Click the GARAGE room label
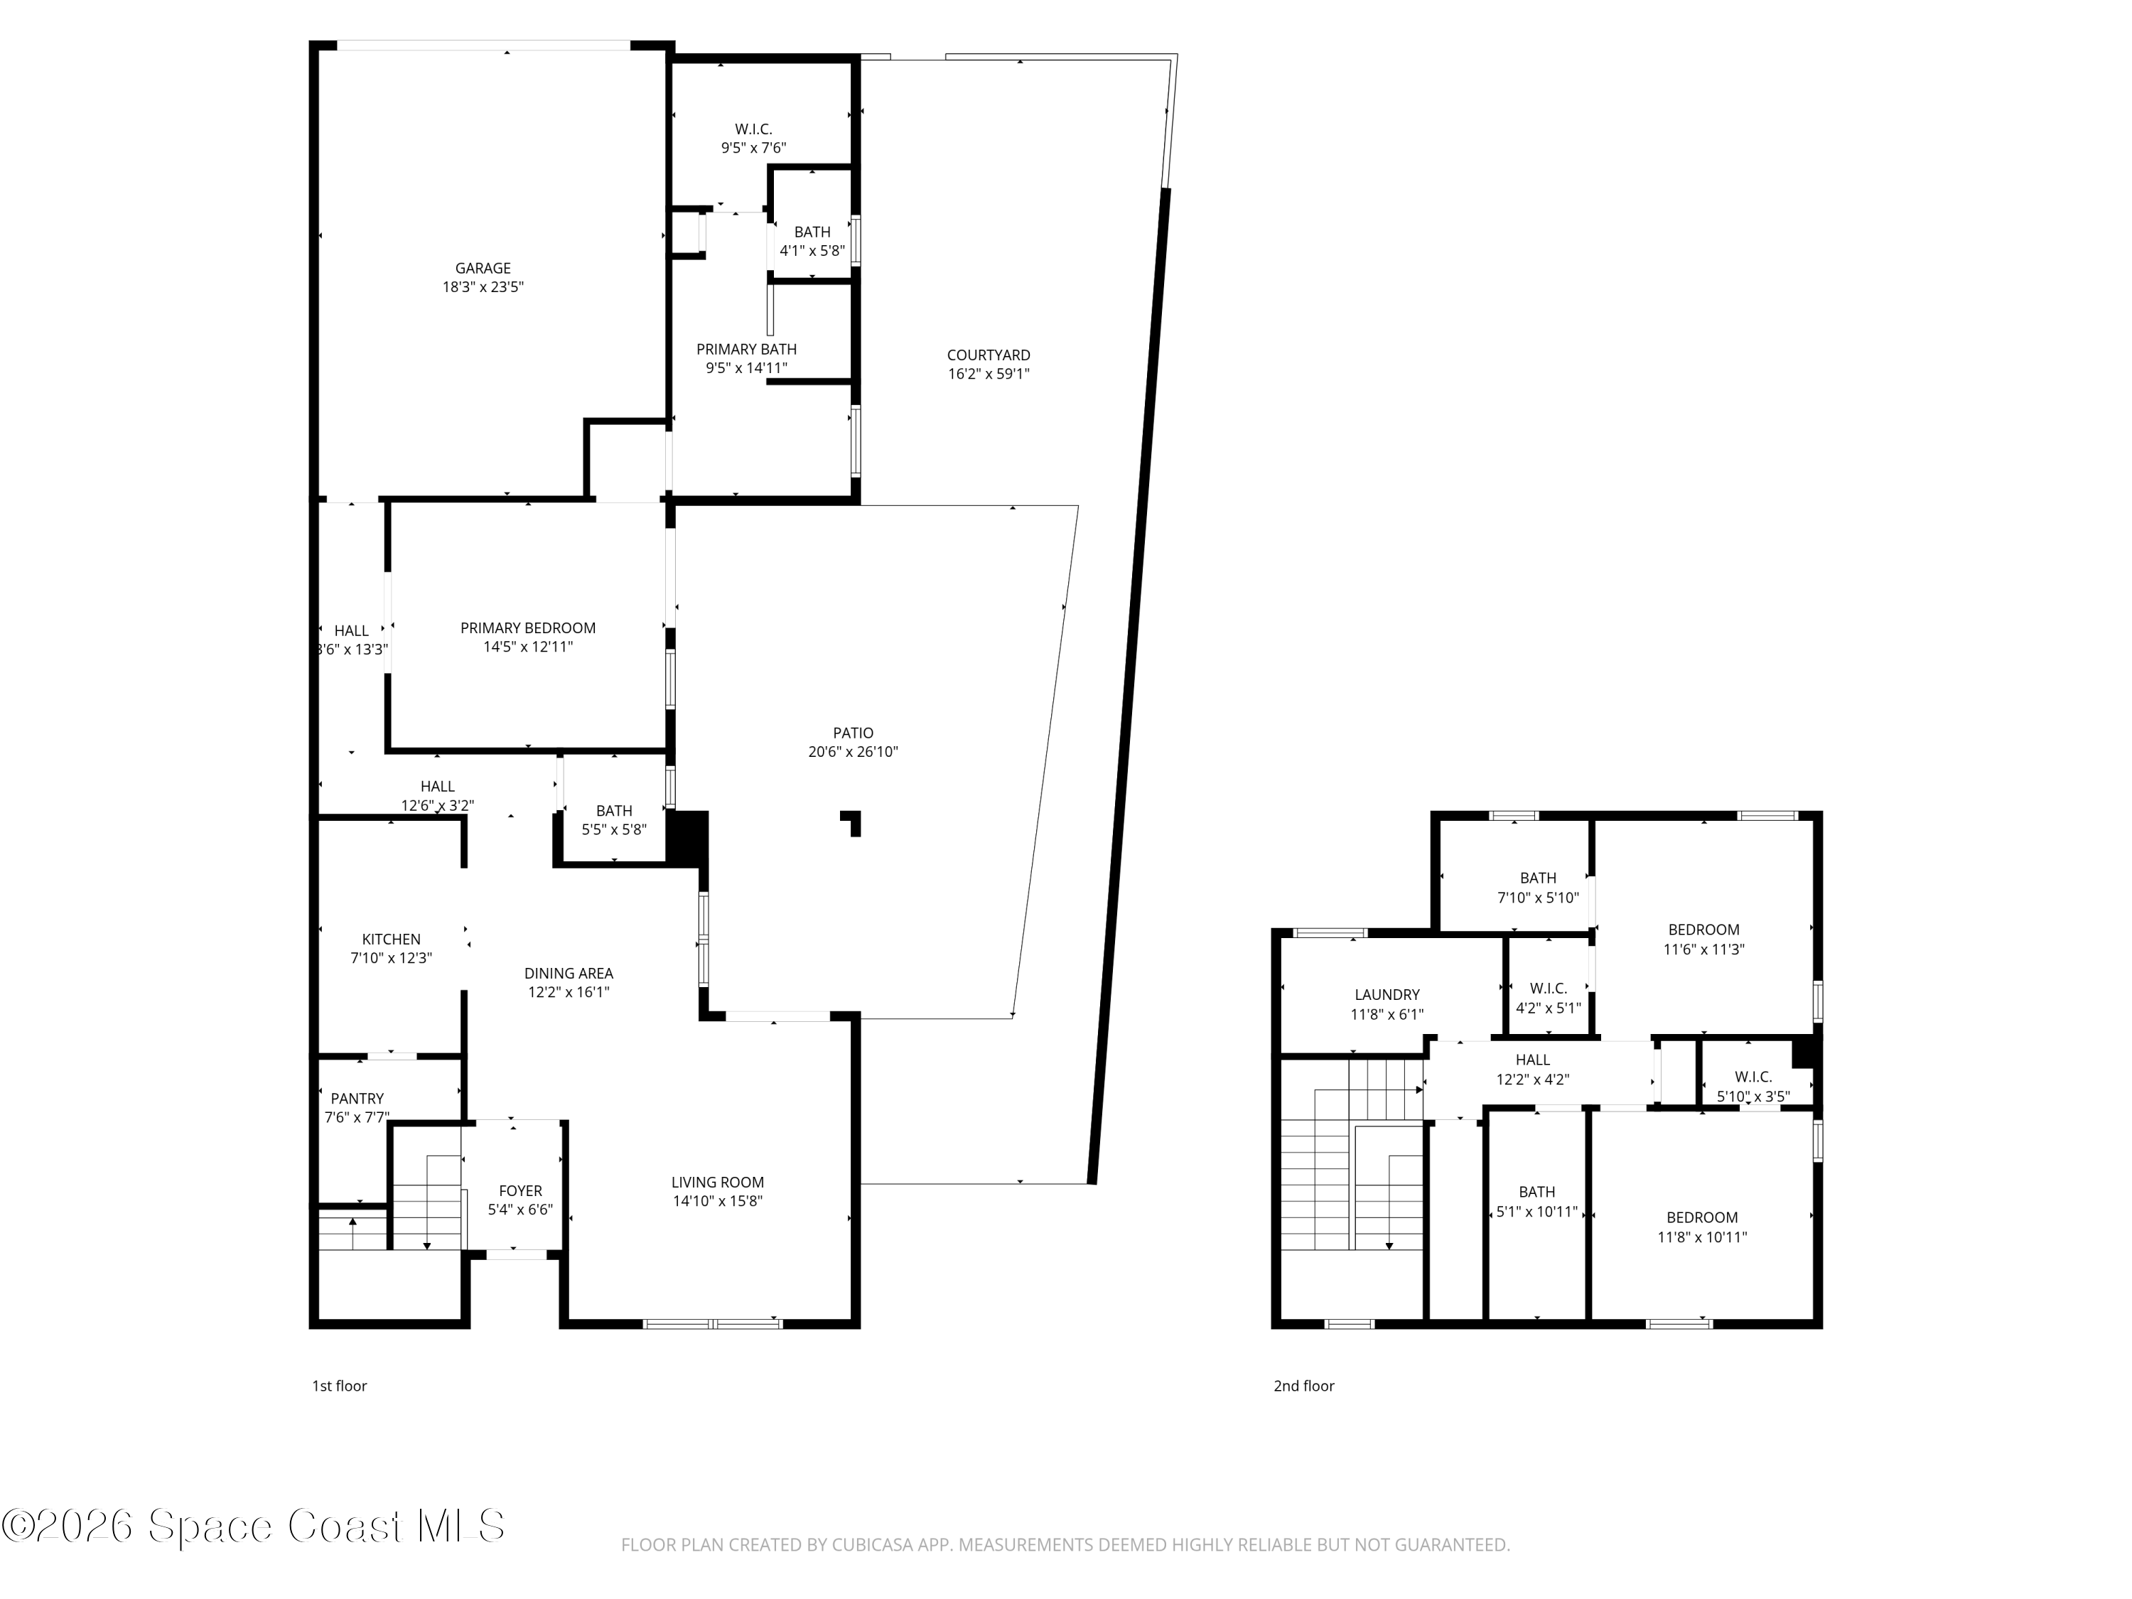point(483,268)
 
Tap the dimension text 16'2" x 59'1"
point(988,374)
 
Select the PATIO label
point(853,733)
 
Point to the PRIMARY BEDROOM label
point(527,628)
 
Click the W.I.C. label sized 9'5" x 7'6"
point(753,129)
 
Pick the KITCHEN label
point(390,939)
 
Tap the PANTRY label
point(357,1098)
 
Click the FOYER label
point(519,1190)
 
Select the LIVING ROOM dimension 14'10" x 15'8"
point(717,1201)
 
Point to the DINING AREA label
point(568,974)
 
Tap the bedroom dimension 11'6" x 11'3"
point(1703,949)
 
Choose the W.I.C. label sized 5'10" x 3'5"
point(1753,1077)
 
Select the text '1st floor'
point(339,1386)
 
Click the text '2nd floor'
point(1303,1386)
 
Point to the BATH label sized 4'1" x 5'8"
point(812,232)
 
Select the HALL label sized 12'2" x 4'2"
point(1531,1060)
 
